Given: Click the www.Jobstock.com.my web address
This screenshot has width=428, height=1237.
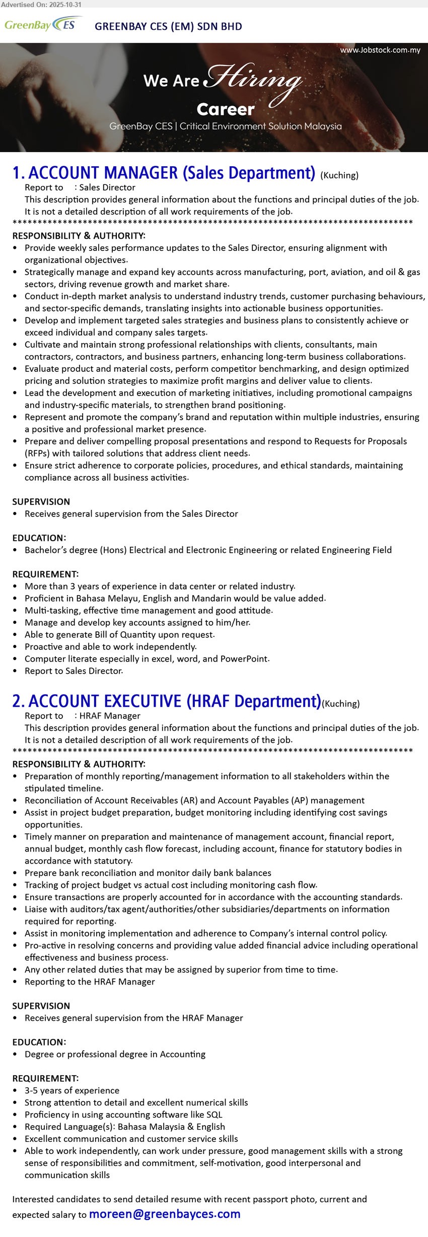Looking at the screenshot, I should pyautogui.click(x=380, y=50).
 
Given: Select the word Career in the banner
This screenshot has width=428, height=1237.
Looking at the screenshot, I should pyautogui.click(x=226, y=109).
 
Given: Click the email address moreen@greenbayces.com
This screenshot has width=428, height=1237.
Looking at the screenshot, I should pyautogui.click(x=165, y=1214).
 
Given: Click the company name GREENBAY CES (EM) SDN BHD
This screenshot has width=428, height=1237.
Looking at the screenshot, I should pyautogui.click(x=168, y=26).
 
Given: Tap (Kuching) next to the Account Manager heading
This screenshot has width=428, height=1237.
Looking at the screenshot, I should pyautogui.click(x=339, y=175).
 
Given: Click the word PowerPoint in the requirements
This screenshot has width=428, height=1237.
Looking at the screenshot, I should pyautogui.click(x=247, y=659).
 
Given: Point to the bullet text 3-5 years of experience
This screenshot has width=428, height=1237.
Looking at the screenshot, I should pyautogui.click(x=72, y=1090).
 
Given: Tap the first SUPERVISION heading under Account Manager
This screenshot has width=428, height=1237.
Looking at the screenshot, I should pyautogui.click(x=41, y=501).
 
